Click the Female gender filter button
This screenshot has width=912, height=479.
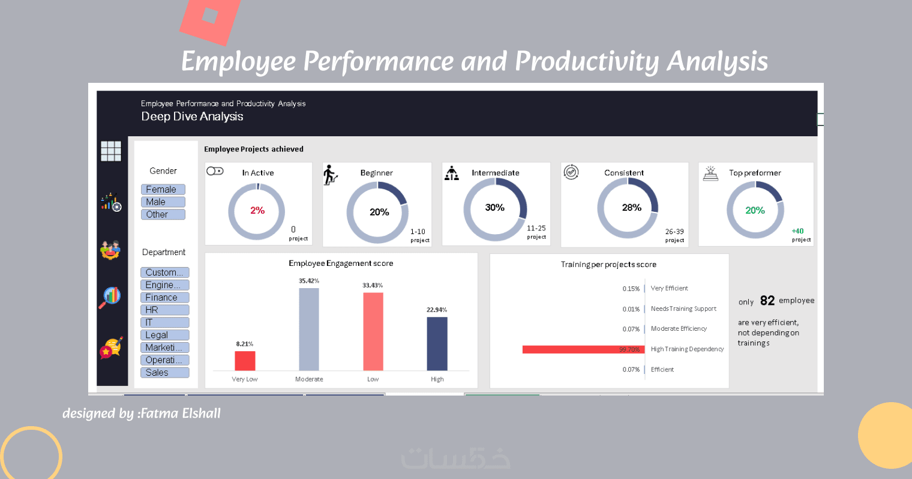[x=163, y=189]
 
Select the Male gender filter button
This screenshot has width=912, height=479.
[x=163, y=202]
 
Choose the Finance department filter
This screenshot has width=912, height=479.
[x=164, y=297]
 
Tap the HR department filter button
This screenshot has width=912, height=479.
[x=164, y=310]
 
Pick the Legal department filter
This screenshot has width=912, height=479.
[x=164, y=335]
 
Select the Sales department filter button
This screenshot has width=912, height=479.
[x=164, y=372]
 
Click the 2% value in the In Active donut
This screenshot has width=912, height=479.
[x=257, y=210]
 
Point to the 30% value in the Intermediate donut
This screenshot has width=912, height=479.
[x=495, y=207]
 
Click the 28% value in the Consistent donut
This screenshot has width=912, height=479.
[x=632, y=207]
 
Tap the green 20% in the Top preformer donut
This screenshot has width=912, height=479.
[x=755, y=210]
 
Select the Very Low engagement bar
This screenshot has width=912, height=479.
[x=245, y=361]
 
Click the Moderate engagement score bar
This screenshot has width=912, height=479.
[x=309, y=329]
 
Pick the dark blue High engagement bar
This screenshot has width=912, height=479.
[x=437, y=343]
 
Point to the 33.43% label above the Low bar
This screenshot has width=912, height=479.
[x=373, y=285]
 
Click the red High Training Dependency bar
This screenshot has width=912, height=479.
[x=583, y=349]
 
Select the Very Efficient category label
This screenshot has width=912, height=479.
[x=669, y=288]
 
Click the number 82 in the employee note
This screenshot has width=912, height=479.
[x=767, y=301]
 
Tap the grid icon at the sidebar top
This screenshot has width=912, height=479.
[x=111, y=151]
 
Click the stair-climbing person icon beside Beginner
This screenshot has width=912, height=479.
[x=331, y=175]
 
